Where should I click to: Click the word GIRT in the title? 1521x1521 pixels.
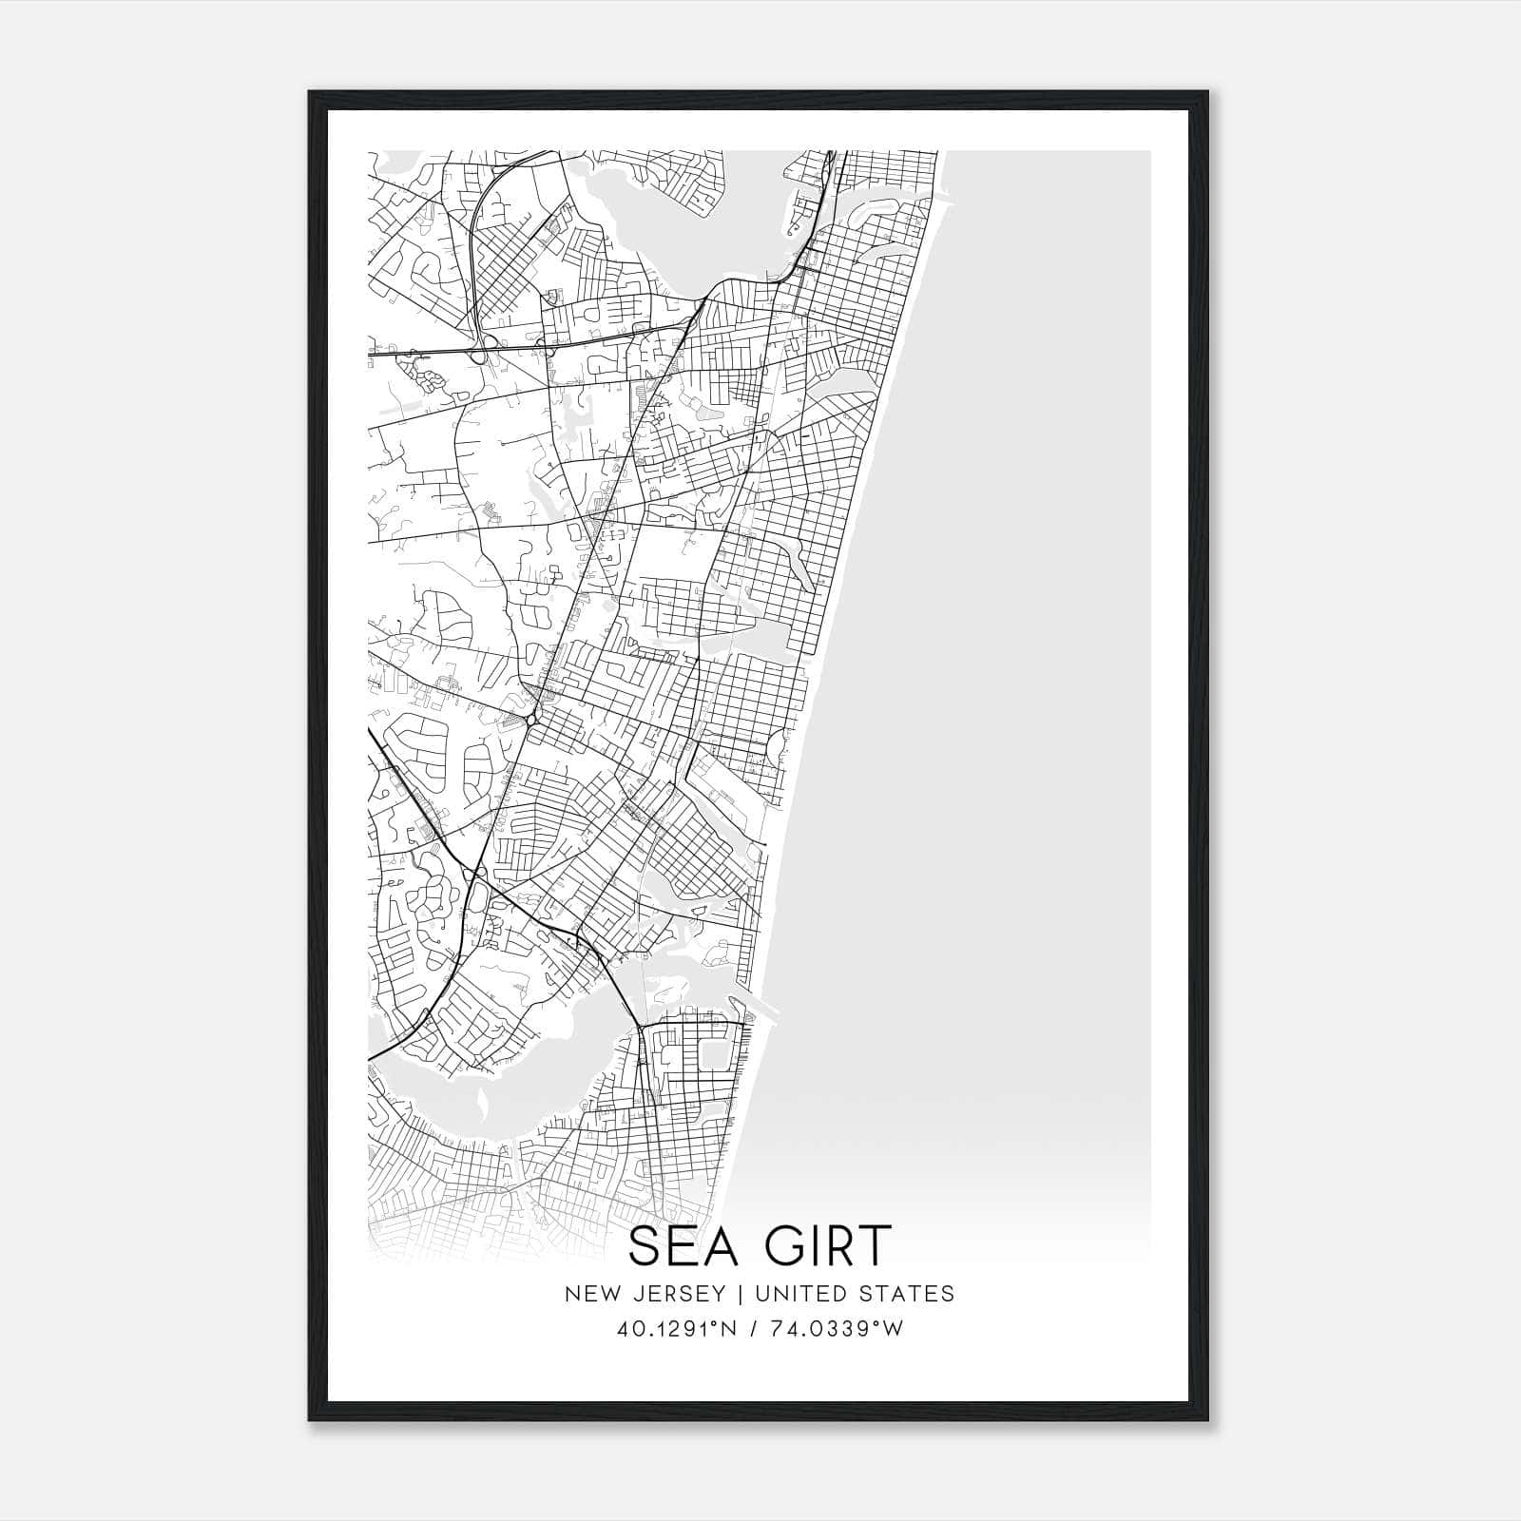826,1246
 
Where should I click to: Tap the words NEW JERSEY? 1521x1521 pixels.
637,1294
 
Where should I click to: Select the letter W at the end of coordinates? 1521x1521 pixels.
894,1329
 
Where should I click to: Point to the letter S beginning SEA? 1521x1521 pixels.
644,1246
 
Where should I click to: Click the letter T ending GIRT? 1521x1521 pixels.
876,1246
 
